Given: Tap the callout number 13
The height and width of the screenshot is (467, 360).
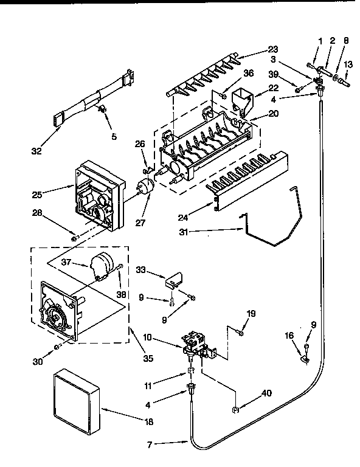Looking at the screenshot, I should pyautogui.click(x=348, y=64).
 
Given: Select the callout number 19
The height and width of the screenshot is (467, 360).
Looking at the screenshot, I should pyautogui.click(x=251, y=313).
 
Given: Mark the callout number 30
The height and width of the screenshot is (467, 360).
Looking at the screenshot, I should pyautogui.click(x=38, y=361).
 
